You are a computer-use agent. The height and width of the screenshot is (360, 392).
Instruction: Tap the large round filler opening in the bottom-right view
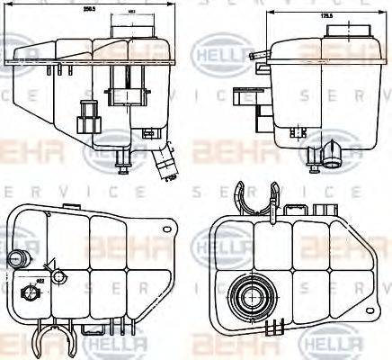[x=247, y=296]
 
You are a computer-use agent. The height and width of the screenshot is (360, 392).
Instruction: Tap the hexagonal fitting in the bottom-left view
[x=26, y=294]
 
